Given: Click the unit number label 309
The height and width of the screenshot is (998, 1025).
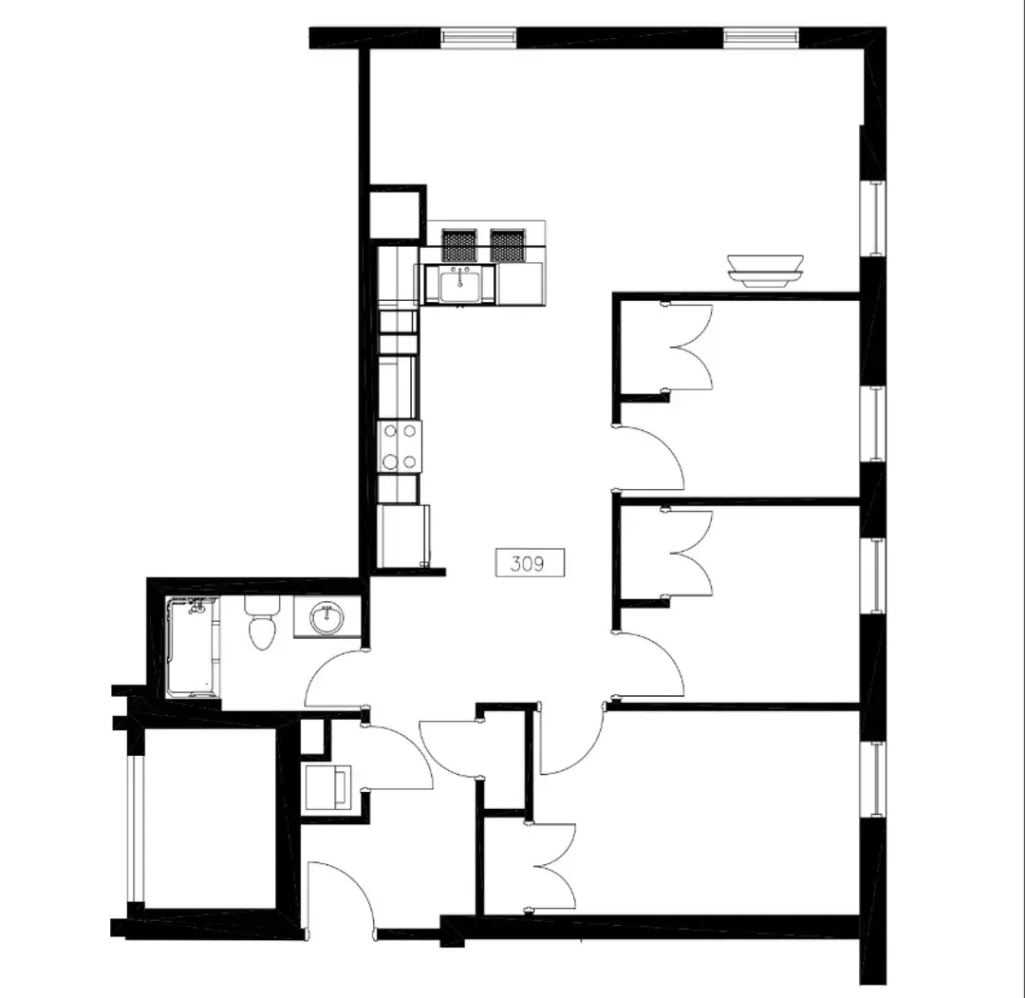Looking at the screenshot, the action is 530,563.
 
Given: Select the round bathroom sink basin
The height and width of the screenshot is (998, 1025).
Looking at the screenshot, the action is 326,618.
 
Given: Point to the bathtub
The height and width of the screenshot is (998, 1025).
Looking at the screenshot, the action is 193,647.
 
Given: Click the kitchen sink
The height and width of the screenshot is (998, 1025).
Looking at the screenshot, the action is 459,286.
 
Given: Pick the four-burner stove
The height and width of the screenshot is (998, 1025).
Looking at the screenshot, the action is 400,446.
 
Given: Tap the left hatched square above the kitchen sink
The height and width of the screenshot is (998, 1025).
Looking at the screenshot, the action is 459,245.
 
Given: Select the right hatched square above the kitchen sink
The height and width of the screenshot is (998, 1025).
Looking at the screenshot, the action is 508,245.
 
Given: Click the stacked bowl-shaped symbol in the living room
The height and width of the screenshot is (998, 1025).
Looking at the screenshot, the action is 766,271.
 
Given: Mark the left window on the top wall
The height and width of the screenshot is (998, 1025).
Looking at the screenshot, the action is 478,36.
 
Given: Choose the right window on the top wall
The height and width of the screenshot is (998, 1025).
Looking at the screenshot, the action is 761,36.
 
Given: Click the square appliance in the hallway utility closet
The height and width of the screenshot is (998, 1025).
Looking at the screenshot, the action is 327,788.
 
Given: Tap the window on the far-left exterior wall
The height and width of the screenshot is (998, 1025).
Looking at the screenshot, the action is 136,829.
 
